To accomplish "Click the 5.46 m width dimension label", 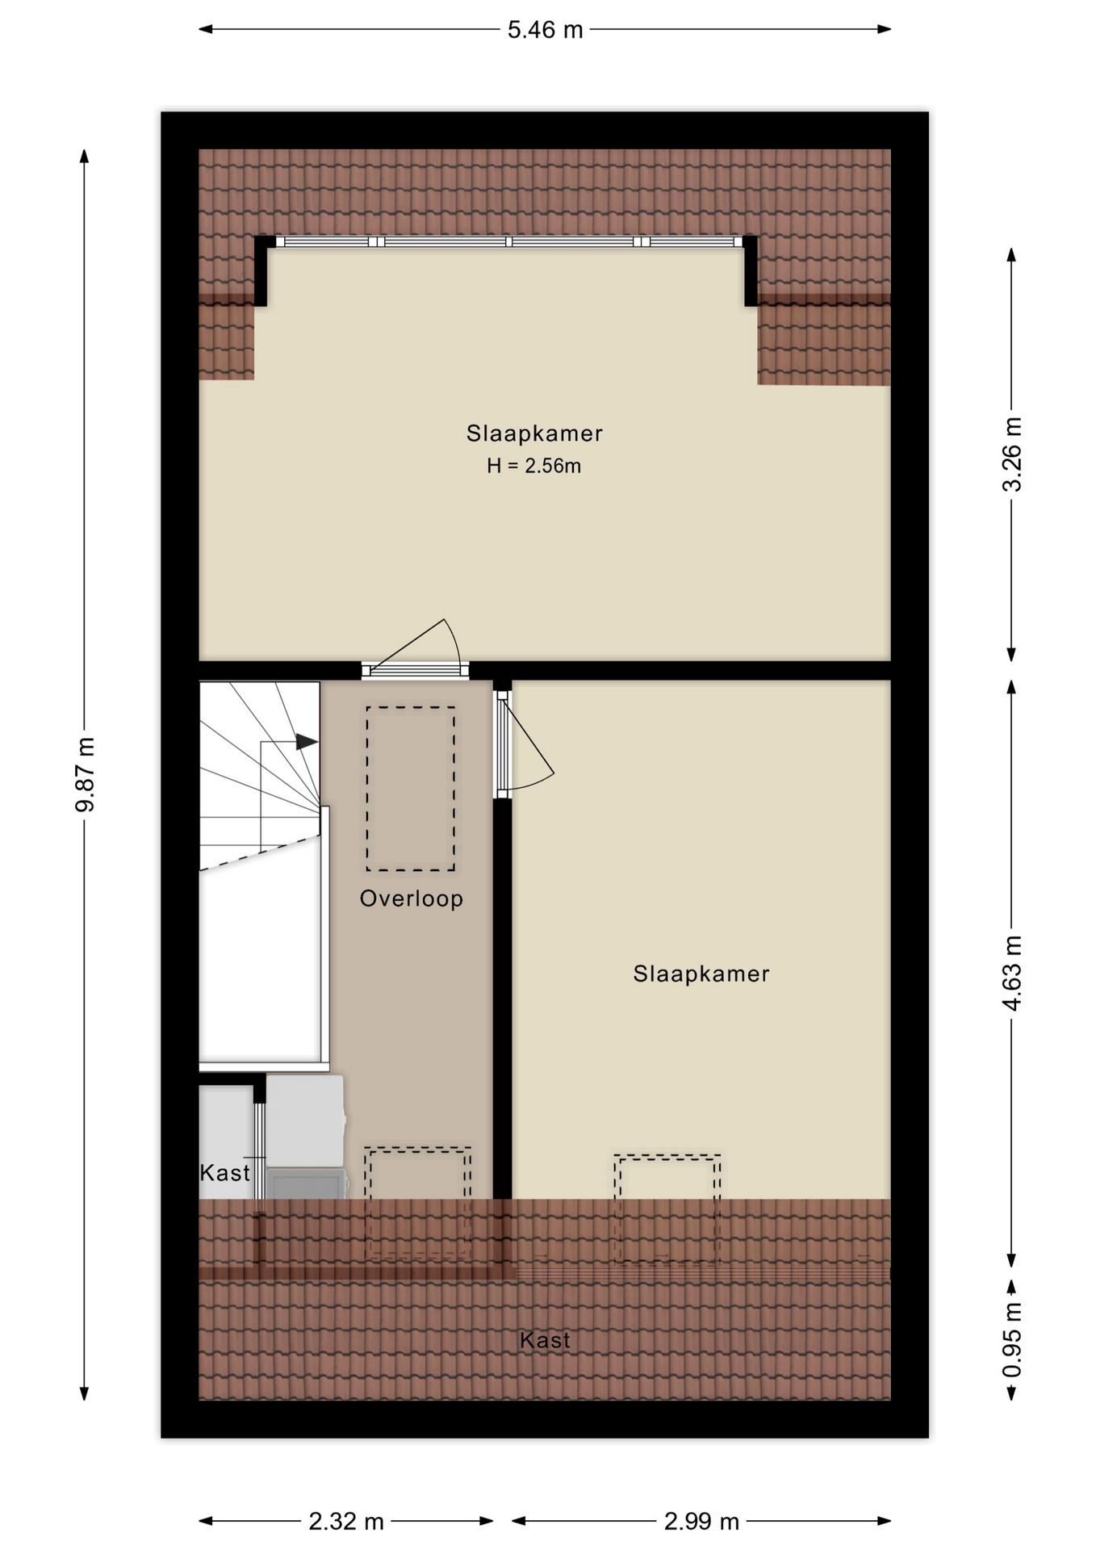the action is coord(545,30).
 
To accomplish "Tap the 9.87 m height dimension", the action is coord(85,774).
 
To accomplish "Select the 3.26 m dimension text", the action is coord(1011,455).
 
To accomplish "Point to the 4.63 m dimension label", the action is coord(1011,973).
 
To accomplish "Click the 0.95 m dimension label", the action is coord(1011,1340).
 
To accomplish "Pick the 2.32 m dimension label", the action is coord(346,1522).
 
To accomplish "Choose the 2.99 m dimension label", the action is coord(701,1522).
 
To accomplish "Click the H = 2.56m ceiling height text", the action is coord(533,466).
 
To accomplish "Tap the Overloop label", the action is coord(412,899).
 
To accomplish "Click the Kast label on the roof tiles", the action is coord(545,1340).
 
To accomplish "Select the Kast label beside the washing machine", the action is coord(224,1172).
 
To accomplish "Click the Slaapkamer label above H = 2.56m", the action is coord(534,434).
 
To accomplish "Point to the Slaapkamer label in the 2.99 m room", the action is coord(701,974).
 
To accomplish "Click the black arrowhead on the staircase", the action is coord(307,742).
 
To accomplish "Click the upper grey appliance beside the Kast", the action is coord(305,1121).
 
